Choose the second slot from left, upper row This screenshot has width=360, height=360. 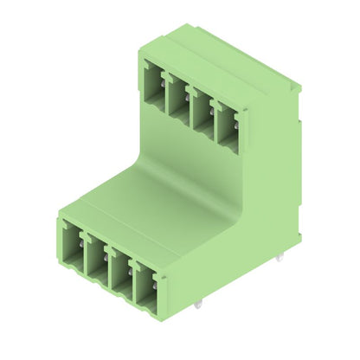pos(178,96)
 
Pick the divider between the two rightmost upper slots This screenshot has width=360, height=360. pos(214,115)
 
